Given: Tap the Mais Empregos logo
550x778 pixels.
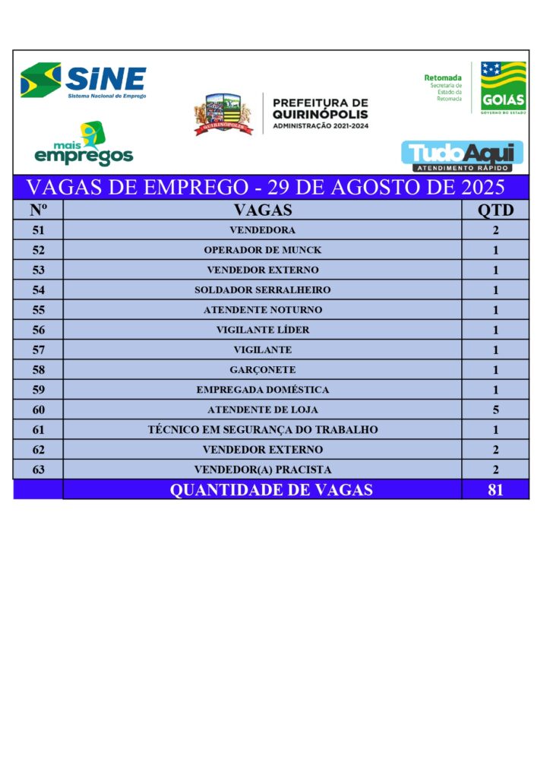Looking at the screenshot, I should tap(84, 145).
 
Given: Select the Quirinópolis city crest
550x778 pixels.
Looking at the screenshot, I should tap(223, 115).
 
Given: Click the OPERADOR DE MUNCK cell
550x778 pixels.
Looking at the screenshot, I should tap(262, 250).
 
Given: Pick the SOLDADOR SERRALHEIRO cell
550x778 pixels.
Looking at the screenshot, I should tap(262, 289).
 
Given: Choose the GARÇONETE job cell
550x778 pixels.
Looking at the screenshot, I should tap(262, 370).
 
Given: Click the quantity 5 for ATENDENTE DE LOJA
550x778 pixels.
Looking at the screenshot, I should tap(495, 410).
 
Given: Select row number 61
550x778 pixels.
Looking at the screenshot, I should tap(38, 430).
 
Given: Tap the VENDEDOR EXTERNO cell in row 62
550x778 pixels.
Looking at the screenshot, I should tap(262, 450).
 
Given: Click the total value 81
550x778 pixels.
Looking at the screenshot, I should tap(495, 490).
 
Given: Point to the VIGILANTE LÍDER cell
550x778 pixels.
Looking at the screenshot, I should tap(262, 330).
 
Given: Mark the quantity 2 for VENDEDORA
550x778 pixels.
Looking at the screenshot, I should tap(495, 230).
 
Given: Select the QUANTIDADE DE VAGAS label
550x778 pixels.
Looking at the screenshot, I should tap(271, 490).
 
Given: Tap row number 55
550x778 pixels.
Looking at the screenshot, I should tap(38, 310).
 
